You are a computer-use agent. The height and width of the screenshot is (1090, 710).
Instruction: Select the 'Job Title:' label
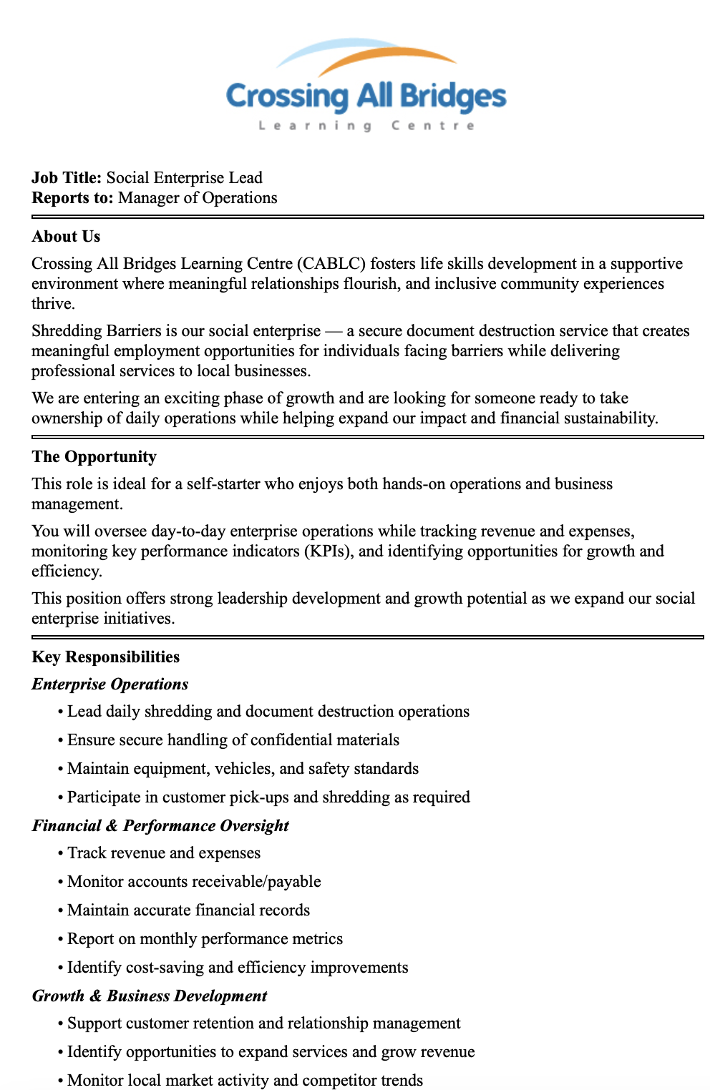(x=67, y=177)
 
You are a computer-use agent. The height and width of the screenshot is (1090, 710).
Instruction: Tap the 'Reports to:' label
(x=72, y=197)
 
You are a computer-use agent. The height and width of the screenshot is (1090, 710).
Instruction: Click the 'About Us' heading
(x=66, y=236)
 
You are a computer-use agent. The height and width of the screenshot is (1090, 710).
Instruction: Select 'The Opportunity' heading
(x=94, y=456)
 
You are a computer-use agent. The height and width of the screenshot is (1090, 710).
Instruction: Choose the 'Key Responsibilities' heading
(x=105, y=657)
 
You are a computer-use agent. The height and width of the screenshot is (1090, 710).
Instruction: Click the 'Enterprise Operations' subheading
(x=110, y=684)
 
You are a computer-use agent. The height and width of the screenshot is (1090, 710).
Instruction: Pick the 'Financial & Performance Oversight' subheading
(x=160, y=825)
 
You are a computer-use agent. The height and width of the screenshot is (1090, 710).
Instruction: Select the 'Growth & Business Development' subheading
(x=150, y=996)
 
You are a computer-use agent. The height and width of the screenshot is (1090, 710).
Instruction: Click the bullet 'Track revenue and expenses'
(x=164, y=853)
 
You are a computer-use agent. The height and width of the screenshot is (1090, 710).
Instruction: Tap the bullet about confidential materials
(x=233, y=740)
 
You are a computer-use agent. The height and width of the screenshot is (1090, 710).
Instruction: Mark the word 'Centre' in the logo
(x=433, y=126)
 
